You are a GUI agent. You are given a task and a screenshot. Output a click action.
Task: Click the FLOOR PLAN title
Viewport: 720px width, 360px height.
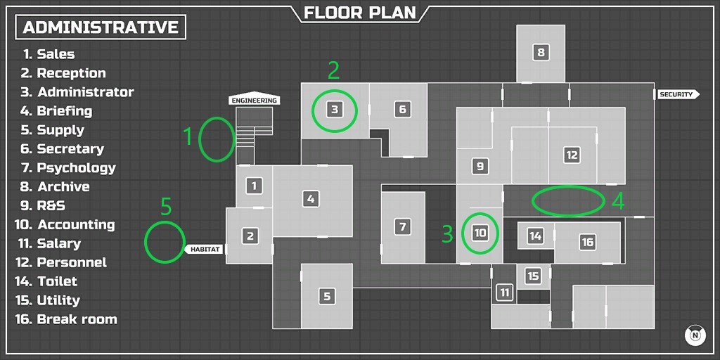[359, 13]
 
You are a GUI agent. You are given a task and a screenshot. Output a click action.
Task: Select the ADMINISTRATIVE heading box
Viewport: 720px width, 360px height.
[101, 27]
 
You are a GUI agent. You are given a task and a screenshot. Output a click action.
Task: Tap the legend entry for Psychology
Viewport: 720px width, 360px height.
[76, 168]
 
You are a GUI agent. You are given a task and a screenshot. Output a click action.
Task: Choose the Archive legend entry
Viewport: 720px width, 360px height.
[63, 187]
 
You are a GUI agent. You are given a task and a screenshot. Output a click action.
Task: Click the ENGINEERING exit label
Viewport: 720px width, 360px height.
[255, 101]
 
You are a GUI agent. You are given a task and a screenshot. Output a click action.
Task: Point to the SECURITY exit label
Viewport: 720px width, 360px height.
[676, 94]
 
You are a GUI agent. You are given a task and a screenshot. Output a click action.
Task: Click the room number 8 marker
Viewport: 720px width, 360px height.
[540, 52]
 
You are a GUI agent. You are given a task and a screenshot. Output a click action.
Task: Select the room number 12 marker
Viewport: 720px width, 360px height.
[572, 155]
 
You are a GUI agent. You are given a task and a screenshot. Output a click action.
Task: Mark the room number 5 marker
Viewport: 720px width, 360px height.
[327, 296]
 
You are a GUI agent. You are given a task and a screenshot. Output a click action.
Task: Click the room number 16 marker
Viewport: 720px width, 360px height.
[587, 242]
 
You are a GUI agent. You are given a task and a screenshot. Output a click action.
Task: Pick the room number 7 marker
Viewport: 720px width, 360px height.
[402, 227]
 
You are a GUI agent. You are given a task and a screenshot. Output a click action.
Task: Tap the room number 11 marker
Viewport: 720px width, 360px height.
[504, 292]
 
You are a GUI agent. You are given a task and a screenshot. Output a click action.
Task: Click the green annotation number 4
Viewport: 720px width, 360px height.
[617, 201]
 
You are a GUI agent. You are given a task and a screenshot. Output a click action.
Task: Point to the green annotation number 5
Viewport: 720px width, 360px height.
[166, 206]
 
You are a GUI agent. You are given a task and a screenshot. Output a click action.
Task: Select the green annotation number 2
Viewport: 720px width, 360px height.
[334, 70]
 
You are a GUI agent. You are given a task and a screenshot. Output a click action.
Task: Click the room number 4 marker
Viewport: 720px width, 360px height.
[311, 199]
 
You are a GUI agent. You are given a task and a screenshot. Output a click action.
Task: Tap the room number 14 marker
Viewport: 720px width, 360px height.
[536, 236]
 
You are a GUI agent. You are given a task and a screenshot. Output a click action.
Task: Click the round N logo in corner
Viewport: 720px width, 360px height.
[695, 335]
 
